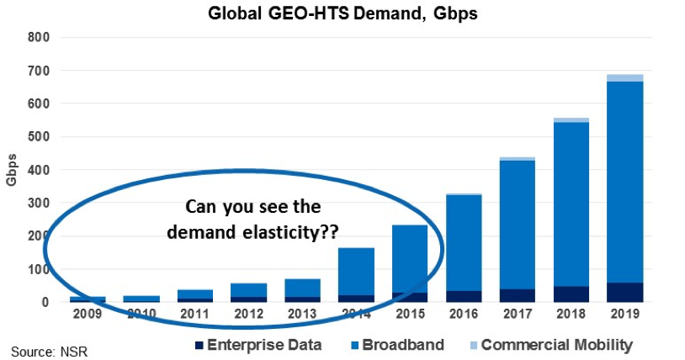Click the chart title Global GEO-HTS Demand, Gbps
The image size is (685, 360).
(342, 13)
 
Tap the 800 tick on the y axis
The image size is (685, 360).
(39, 38)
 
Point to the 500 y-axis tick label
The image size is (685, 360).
(39, 137)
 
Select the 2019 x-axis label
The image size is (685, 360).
(624, 314)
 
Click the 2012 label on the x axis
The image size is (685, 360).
(248, 314)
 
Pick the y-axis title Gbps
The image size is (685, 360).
(11, 170)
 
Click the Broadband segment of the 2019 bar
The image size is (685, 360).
(624, 183)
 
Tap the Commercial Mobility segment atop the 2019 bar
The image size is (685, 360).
(624, 78)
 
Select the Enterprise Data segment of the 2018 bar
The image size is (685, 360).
(571, 294)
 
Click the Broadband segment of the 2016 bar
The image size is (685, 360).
(464, 243)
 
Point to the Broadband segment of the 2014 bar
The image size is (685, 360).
(356, 272)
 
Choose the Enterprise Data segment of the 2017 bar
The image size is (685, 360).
(518, 295)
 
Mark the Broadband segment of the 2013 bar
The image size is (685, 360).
(302, 289)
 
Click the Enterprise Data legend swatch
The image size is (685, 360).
(199, 346)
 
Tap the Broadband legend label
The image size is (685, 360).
(403, 345)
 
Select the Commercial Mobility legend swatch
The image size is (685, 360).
(474, 346)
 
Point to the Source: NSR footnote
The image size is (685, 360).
(50, 352)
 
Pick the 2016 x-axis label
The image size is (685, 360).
(464, 314)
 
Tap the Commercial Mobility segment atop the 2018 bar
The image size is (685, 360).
(571, 120)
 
